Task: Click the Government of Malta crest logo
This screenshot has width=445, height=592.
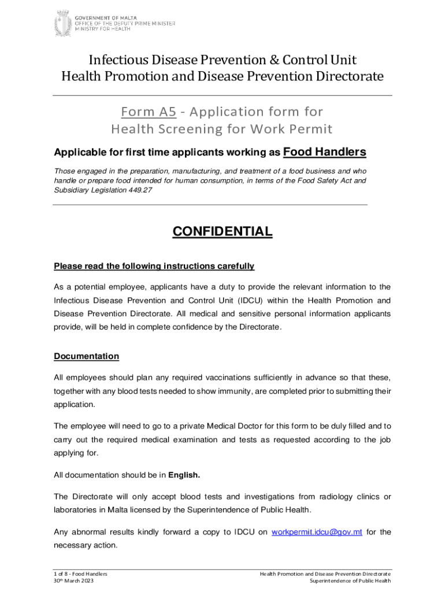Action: (60, 22)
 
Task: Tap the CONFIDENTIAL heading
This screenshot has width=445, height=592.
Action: (222, 232)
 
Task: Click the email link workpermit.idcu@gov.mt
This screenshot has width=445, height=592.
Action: (317, 532)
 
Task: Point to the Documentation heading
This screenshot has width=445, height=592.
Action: (86, 356)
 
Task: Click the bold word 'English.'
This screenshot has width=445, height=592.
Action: (184, 475)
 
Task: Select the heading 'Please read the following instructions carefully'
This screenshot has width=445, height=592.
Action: (154, 266)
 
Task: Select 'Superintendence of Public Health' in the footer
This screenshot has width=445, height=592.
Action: (350, 580)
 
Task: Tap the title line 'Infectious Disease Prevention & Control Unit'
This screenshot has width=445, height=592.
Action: (222, 60)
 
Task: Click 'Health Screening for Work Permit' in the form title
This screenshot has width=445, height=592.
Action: (222, 128)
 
